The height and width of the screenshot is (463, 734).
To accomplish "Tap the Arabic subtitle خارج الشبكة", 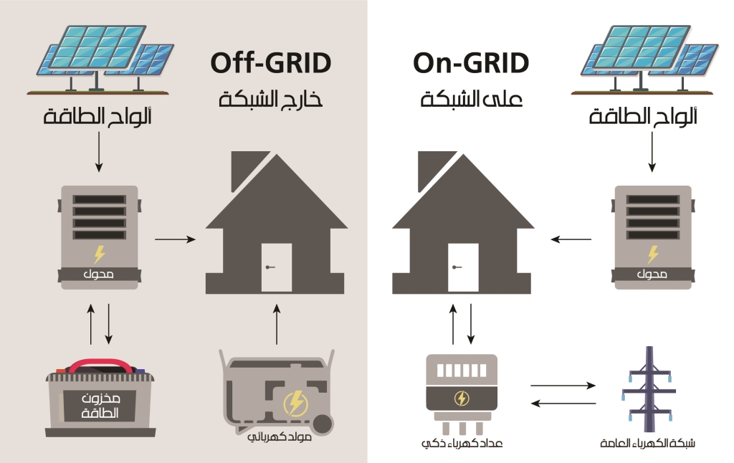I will point(270,99).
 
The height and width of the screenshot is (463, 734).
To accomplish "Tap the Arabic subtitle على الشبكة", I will point(471,99).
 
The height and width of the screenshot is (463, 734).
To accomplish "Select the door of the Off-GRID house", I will point(276,267).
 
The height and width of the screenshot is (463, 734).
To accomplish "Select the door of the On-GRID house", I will point(462,267).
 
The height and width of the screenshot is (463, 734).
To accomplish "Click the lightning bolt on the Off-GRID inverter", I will point(99,254).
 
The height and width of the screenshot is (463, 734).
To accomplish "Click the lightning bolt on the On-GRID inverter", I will point(652,254).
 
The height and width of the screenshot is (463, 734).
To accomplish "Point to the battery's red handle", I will point(100,365).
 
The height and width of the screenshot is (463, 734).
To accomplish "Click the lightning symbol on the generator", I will point(295,404).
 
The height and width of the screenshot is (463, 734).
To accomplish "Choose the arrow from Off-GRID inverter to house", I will point(175,239).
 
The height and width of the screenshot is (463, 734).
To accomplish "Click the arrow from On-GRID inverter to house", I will point(571,239).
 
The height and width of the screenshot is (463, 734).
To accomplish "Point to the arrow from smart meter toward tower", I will point(563,386).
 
